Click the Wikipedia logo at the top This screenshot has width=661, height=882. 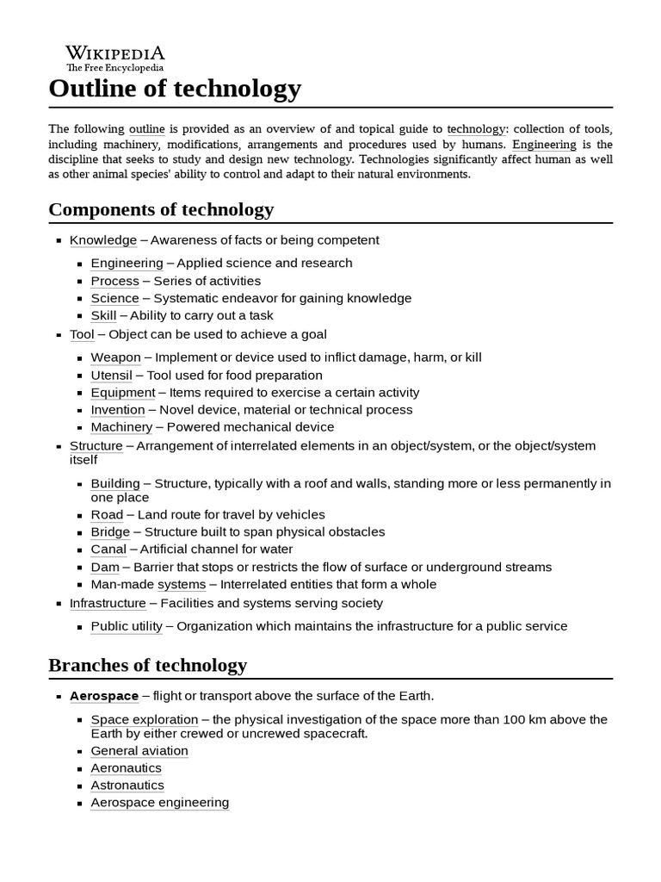pos(115,58)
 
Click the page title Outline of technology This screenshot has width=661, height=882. pos(175,88)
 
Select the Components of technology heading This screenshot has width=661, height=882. pos(161,209)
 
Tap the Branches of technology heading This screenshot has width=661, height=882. pos(147,665)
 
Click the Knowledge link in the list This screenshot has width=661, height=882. pos(103,240)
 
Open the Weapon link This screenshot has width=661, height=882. pos(115,357)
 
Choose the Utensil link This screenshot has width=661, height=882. pos(112,376)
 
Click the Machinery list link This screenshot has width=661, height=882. pos(121,427)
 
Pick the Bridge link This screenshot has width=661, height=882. pos(110,532)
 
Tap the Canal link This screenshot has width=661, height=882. pos(108,550)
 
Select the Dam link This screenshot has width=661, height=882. pos(105,568)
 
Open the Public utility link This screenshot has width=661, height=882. pos(127,626)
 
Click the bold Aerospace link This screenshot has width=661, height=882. pos(103,696)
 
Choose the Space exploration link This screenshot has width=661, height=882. pos(145,719)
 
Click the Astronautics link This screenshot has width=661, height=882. pos(127,786)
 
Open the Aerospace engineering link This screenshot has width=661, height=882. pos(160,803)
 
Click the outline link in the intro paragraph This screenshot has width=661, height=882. pos(147,129)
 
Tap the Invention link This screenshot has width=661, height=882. pos(118,410)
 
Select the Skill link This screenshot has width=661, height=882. pos(103,316)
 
